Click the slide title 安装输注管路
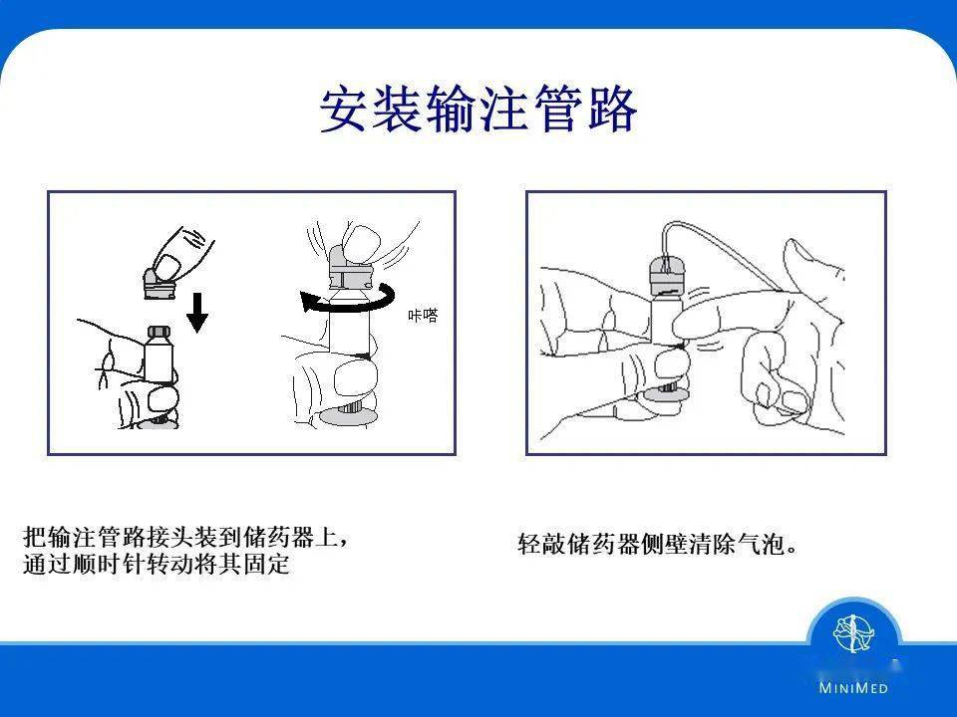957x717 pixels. click(x=478, y=109)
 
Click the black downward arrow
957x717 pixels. click(x=196, y=312)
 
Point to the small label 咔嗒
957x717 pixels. click(x=423, y=315)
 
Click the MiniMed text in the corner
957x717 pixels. click(x=853, y=688)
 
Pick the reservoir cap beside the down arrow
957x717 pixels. click(x=159, y=335)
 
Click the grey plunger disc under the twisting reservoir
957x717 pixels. click(x=349, y=417)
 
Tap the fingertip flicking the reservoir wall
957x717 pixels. click(x=687, y=324)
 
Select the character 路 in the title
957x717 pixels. click(x=613, y=109)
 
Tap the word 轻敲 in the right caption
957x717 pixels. click(x=542, y=544)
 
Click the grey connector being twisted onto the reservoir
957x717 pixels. click(x=350, y=268)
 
